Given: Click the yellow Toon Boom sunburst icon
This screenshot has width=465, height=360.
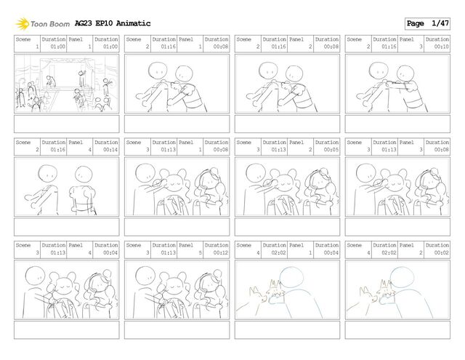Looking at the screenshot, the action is [23, 24].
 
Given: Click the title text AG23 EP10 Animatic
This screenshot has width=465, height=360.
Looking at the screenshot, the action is [113, 23].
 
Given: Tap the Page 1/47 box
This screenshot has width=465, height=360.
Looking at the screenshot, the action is [427, 23].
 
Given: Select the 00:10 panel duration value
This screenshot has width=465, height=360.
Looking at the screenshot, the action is [442, 47].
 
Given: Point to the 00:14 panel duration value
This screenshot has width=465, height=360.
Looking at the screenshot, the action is [110, 150].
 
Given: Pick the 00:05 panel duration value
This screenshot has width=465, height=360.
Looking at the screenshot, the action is [331, 150].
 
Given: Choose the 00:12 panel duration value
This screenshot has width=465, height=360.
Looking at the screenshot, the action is [221, 252].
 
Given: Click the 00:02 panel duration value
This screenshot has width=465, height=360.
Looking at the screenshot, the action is [442, 252].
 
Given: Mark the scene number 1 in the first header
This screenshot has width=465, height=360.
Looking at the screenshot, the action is [37, 47].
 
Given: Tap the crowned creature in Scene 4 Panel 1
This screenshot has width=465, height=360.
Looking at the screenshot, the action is [275, 289].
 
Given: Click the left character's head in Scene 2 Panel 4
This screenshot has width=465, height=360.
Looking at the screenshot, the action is [48, 174].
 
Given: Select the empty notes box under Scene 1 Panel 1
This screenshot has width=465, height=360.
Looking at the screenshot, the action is [67, 124].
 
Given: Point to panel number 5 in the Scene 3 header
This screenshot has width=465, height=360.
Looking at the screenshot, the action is [201, 252].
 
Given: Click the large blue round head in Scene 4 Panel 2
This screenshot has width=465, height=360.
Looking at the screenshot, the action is [402, 277].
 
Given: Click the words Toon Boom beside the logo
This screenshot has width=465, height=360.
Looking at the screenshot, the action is [50, 24].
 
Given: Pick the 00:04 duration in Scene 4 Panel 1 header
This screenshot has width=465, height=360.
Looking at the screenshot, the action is [331, 252].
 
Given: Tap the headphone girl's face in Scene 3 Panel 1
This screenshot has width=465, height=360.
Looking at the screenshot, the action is [210, 182].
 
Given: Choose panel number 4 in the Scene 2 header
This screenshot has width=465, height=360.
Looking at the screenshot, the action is [90, 150].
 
